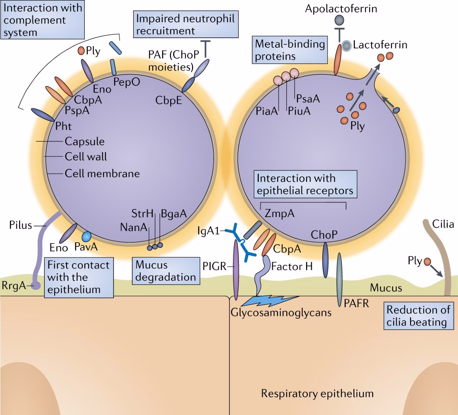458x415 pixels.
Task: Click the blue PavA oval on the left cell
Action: point(87,237)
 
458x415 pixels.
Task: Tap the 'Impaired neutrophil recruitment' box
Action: point(185,24)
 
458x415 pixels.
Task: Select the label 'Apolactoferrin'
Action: point(341,8)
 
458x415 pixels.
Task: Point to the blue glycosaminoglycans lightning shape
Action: point(265,301)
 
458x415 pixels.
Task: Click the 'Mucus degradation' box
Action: point(166,271)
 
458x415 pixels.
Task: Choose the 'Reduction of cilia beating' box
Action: point(418,316)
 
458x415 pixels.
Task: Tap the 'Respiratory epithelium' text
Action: point(317,393)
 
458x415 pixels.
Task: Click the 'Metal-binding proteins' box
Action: point(290,50)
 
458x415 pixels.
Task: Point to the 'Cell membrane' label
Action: point(102,173)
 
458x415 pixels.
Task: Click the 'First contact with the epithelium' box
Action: point(78,277)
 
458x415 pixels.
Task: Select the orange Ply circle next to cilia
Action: point(427,262)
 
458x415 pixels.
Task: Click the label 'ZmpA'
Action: point(279,213)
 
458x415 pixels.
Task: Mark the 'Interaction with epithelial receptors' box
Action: point(305,184)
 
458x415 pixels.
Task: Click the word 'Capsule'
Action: point(84,141)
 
